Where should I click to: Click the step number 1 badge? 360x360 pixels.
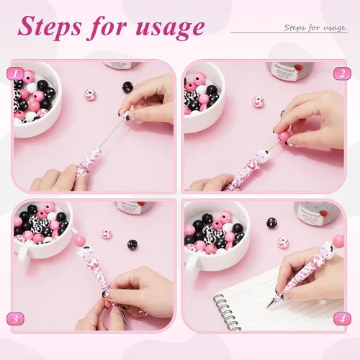click(x=15, y=73)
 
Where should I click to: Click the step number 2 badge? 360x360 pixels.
click(x=342, y=73)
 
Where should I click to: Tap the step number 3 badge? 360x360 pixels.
click(x=15, y=319)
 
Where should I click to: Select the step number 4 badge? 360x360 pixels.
click(x=342, y=319)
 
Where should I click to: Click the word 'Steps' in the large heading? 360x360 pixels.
click(x=50, y=27)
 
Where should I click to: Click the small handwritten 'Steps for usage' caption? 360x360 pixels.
click(x=315, y=28)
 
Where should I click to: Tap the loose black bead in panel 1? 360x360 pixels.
click(x=127, y=87)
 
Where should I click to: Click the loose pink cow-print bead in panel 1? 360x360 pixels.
click(x=90, y=94)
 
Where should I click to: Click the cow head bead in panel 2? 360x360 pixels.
click(x=262, y=156)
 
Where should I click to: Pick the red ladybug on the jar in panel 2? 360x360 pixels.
click(x=299, y=68)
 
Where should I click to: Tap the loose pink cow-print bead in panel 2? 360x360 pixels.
click(x=258, y=102)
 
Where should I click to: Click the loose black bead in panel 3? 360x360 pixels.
click(x=132, y=245)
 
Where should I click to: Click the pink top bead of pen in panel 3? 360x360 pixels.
click(x=80, y=241)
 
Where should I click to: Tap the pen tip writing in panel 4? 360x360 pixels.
click(x=268, y=307)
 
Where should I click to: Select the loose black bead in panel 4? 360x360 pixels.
click(x=272, y=223)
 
